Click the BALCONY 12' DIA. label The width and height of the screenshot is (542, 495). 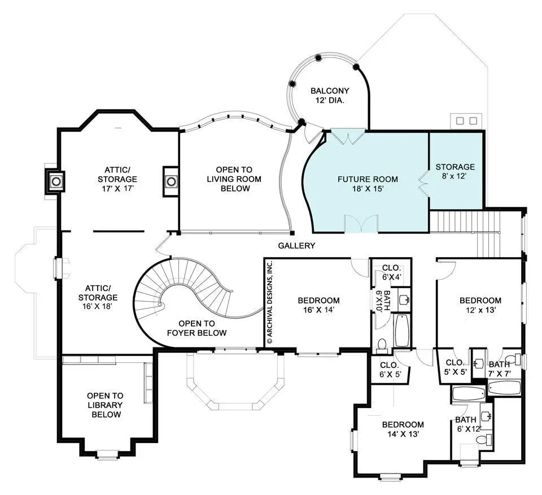[330, 95]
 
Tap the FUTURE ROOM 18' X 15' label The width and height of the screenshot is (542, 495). [368, 184]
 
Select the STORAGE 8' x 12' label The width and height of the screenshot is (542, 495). [455, 171]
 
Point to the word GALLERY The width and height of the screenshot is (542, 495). [296, 246]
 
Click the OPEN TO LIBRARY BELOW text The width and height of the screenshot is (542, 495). [105, 405]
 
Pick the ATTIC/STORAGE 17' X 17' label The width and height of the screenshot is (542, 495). [117, 179]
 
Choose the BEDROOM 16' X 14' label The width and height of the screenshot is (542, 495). [318, 305]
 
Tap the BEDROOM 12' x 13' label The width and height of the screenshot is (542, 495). [480, 305]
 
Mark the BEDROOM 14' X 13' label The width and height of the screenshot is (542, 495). [403, 429]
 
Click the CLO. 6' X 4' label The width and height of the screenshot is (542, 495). [391, 272]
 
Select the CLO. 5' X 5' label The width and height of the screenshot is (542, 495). [456, 367]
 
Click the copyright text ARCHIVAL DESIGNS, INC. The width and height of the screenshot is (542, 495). [270, 302]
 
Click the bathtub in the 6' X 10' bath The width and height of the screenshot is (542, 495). [401, 331]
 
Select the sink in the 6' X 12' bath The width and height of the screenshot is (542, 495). [487, 416]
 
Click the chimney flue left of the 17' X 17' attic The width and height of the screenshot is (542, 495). [56, 181]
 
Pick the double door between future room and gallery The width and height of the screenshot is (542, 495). [361, 223]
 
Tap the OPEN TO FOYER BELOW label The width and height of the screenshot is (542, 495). [196, 328]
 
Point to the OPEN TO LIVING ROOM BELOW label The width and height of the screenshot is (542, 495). [234, 179]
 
